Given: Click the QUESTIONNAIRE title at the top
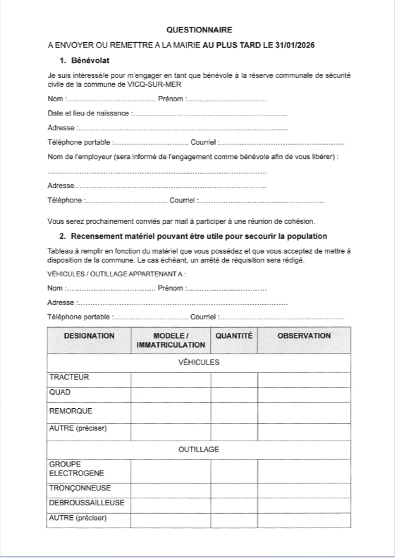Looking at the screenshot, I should coord(199,30).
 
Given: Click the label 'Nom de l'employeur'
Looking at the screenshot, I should coord(87,156).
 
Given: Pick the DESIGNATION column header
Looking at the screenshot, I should coord(89,336).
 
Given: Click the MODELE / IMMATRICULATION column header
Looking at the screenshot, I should coord(171,341).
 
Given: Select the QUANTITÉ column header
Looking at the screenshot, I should coord(234,336).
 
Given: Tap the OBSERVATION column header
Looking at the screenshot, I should coord(304,336).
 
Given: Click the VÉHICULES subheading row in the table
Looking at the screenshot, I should coord(199,362).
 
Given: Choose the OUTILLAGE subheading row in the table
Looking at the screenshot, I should coord(199,449).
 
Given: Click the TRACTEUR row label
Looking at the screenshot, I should coord(70,378).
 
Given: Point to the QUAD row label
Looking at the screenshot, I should coord(60,393).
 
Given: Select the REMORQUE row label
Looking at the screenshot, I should coord(71,411).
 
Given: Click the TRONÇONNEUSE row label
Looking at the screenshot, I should coord(80,488).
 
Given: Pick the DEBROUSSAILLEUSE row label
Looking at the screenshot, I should coord(87,503).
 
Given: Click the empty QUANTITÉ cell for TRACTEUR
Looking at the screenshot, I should coord(234,379).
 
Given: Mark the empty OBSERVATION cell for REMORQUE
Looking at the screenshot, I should coord(304,411).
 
